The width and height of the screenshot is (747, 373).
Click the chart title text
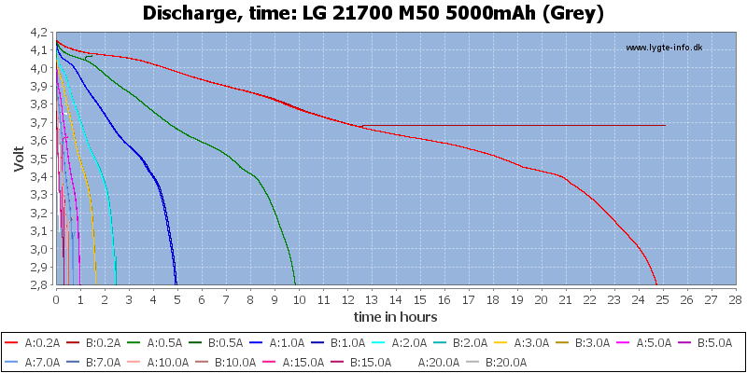click(x=373, y=13)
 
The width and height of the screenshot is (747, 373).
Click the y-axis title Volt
click(x=20, y=158)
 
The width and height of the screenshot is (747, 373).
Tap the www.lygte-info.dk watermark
click(x=663, y=48)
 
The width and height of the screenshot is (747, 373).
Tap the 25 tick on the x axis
click(x=662, y=298)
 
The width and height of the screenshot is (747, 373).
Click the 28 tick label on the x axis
click(x=735, y=298)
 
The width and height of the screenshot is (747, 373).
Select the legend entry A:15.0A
click(x=296, y=361)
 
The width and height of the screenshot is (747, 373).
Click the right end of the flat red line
click(x=665, y=125)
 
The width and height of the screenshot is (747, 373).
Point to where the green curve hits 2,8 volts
click(x=295, y=284)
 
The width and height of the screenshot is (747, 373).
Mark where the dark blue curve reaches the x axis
click(x=176, y=284)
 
